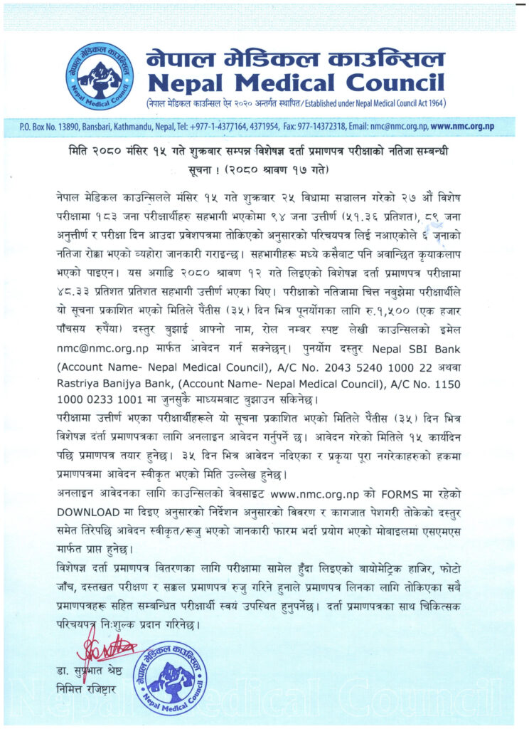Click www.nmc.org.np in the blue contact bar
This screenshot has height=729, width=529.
(462, 127)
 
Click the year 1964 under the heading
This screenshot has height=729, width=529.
(432, 104)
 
